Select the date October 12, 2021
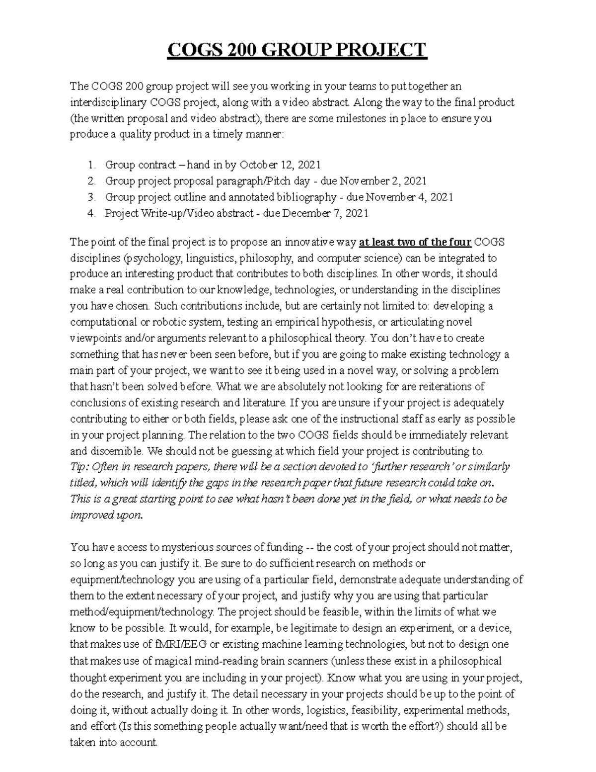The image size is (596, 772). coord(280,165)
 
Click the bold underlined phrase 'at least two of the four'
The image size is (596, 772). coord(415,243)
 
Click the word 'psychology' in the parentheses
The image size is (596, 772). coord(151,258)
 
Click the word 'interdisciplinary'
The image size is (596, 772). coord(108,103)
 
